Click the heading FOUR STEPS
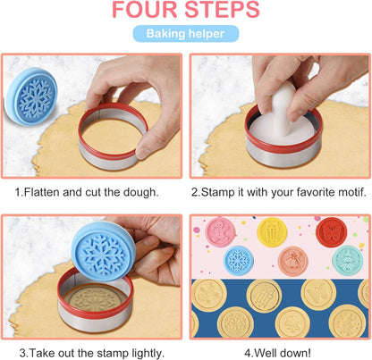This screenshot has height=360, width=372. [x=186, y=12]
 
